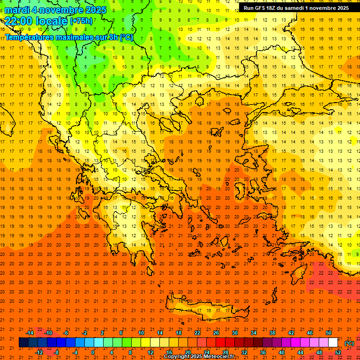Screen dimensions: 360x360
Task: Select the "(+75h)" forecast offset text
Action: pos(81,21)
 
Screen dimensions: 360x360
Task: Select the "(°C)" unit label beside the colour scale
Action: pos(349,343)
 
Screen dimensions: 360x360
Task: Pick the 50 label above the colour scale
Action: pos(329,333)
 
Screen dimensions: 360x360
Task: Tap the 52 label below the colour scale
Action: pos(338,352)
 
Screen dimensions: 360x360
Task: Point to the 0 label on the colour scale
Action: pos(93,352)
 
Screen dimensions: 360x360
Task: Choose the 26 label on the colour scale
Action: pos(216,333)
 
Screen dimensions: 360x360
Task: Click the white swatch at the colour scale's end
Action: pos(333,343)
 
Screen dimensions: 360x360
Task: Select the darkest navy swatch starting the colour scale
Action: pos(23,343)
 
